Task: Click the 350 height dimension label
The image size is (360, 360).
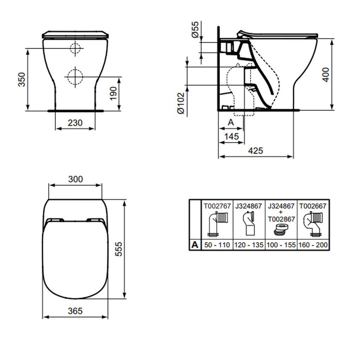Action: click(22, 79)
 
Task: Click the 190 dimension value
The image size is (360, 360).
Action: click(113, 94)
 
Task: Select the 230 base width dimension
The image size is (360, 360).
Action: click(75, 123)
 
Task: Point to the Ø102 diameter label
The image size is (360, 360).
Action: click(181, 103)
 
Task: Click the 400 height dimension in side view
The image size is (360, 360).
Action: click(326, 75)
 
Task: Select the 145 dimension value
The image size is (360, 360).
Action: click(231, 136)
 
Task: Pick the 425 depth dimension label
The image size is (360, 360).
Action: click(256, 150)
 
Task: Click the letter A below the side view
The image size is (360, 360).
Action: click(231, 122)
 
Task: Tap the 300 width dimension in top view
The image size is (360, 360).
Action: click(75, 179)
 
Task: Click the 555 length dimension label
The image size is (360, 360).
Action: click(119, 249)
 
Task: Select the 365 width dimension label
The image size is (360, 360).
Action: click(75, 311)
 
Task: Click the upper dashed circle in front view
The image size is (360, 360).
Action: click(75, 48)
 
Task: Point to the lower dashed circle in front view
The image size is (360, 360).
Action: click(74, 76)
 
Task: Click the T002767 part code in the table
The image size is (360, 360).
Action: click(217, 206)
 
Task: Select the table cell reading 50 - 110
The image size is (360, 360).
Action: click(217, 245)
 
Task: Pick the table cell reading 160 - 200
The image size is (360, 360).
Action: click(313, 245)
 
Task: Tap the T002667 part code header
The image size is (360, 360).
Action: click(313, 206)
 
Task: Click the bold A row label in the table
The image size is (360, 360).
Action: click(195, 245)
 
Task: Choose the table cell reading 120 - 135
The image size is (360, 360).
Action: click(249, 245)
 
